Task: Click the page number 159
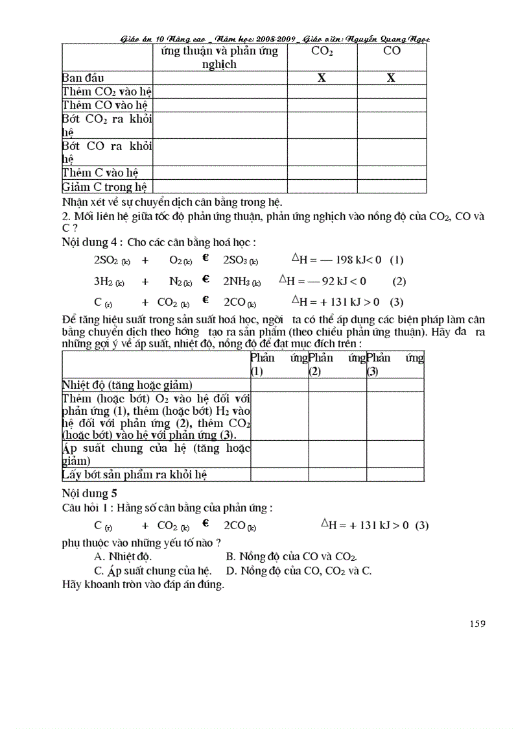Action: [x=477, y=624]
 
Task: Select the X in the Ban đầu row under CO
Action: [x=392, y=78]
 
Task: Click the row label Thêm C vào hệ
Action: [x=100, y=173]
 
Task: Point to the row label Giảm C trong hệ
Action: [x=104, y=187]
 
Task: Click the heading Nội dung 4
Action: [x=91, y=242]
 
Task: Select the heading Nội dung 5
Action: [x=89, y=493]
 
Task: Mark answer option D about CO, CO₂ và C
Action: [x=298, y=571]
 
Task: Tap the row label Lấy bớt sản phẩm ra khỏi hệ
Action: [x=134, y=475]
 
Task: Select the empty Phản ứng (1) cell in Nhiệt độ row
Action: [x=279, y=385]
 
